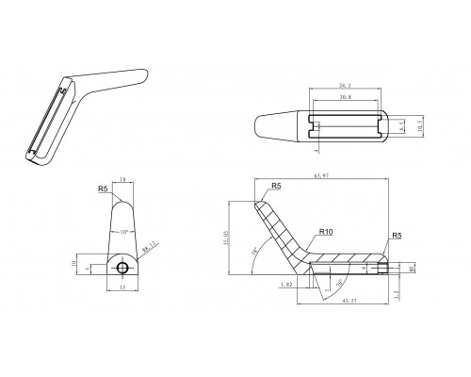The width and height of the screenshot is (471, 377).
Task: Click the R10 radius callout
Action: click(x=326, y=231)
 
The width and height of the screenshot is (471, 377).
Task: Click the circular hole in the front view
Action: click(x=122, y=269)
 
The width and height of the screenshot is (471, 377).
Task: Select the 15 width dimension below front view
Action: click(x=122, y=289)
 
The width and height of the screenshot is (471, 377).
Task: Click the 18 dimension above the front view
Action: click(x=122, y=180)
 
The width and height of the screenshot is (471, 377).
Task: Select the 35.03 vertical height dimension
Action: click(x=226, y=241)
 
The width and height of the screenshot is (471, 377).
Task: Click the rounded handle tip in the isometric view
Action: click(x=144, y=72)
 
